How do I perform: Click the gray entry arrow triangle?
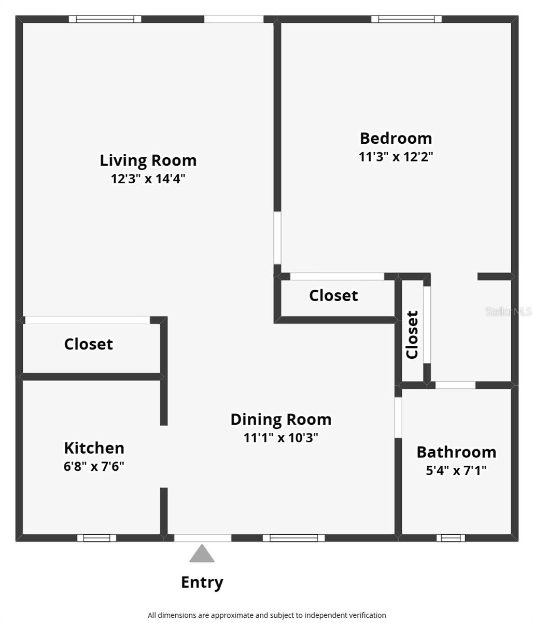(202, 554)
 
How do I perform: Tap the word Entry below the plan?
(202, 583)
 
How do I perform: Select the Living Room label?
(148, 160)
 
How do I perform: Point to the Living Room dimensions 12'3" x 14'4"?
(148, 179)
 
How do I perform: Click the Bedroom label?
(396, 138)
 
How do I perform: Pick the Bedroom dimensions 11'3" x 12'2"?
(396, 156)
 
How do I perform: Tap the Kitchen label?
(94, 448)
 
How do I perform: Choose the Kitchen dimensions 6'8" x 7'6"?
(94, 466)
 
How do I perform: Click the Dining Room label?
(280, 419)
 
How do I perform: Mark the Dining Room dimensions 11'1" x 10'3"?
(280, 438)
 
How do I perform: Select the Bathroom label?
(456, 452)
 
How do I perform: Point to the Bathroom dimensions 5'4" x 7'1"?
(456, 471)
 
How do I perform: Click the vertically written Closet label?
(412, 334)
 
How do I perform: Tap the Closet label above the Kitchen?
(88, 344)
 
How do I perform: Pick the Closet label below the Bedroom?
(333, 295)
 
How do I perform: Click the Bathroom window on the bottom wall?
(450, 538)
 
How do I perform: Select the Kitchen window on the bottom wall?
(96, 538)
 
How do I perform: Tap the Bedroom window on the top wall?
(406, 19)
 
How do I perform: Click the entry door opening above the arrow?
(202, 538)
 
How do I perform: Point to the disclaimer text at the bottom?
(266, 615)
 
